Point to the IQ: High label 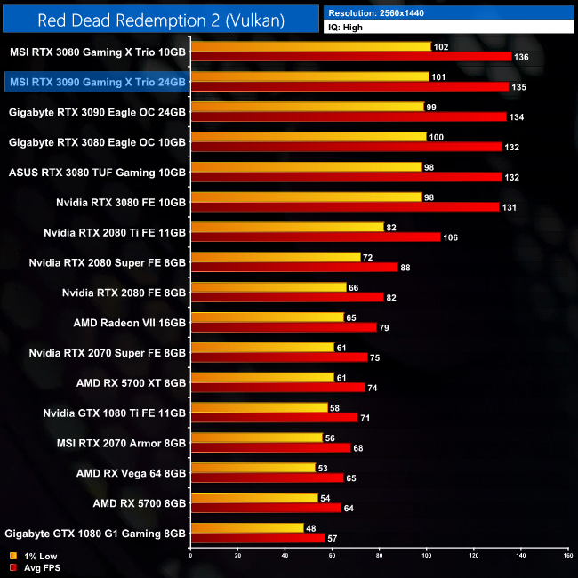(348, 28)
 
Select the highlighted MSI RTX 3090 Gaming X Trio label (96, 83)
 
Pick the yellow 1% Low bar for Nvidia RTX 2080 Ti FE (286, 227)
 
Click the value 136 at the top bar (524, 57)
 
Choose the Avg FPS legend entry (33, 568)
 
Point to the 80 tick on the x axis (379, 556)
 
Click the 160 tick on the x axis (566, 556)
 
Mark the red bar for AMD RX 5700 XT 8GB (277, 388)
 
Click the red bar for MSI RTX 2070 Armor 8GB (270, 447)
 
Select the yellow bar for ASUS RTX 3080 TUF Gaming (306, 166)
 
